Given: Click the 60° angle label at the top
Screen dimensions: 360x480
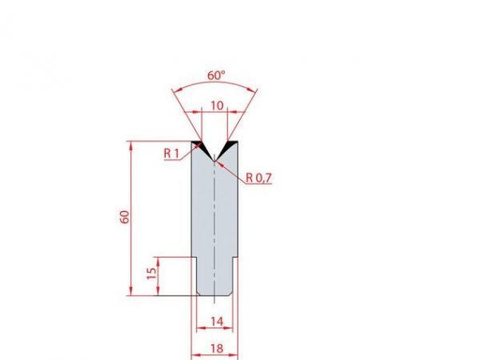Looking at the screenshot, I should tap(216, 74).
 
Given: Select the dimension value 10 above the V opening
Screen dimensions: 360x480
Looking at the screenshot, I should tap(215, 106).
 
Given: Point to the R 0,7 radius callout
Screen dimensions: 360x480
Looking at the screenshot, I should tap(258, 178).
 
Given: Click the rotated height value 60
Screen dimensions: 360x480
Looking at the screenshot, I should tap(124, 218).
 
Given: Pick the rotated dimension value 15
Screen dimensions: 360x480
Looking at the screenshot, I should tap(150, 275).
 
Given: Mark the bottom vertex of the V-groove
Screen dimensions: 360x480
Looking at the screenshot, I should tap(214, 160).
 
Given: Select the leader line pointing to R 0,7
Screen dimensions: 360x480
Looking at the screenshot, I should tap(232, 170).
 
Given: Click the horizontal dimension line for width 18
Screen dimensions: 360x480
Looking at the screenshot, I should tap(215, 355).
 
